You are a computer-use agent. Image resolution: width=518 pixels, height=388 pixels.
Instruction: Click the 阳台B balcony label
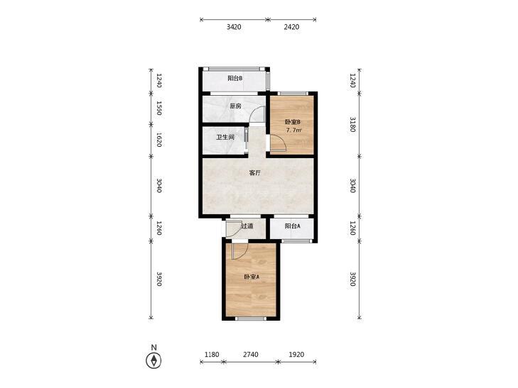click(x=235, y=79)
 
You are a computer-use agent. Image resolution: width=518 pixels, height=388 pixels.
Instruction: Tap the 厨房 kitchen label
click(x=235, y=106)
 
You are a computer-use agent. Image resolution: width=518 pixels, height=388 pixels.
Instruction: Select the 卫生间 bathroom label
click(x=225, y=137)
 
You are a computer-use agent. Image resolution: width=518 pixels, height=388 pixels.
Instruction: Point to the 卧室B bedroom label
click(x=292, y=122)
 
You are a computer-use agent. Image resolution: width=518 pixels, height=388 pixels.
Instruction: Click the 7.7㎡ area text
click(x=293, y=131)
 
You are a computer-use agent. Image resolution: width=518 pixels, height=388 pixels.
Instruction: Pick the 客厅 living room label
click(x=255, y=173)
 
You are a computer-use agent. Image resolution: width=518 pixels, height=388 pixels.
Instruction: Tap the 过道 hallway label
click(x=247, y=226)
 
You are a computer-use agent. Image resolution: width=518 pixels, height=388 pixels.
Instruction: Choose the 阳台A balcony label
click(x=292, y=226)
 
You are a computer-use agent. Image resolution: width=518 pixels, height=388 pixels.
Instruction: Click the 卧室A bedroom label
click(x=252, y=277)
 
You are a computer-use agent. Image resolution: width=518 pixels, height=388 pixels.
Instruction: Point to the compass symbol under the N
click(x=153, y=360)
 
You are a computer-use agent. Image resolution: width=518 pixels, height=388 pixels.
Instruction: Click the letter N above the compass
click(x=153, y=347)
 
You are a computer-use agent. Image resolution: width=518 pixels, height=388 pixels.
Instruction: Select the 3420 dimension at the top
click(x=234, y=27)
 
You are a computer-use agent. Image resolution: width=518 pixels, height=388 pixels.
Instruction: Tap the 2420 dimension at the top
click(x=291, y=27)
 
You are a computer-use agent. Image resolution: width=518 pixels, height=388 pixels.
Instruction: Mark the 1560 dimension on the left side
click(x=159, y=108)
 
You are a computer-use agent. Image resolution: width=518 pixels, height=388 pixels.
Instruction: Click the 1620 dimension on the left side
click(x=159, y=140)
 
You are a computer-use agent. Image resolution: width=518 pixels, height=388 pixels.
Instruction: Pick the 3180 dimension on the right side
click(x=352, y=124)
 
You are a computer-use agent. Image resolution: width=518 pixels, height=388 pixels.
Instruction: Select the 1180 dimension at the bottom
click(x=212, y=355)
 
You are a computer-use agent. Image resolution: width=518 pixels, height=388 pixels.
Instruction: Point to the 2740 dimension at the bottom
click(x=251, y=355)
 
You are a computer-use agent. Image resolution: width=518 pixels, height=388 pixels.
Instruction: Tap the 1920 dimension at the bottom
click(x=296, y=355)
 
